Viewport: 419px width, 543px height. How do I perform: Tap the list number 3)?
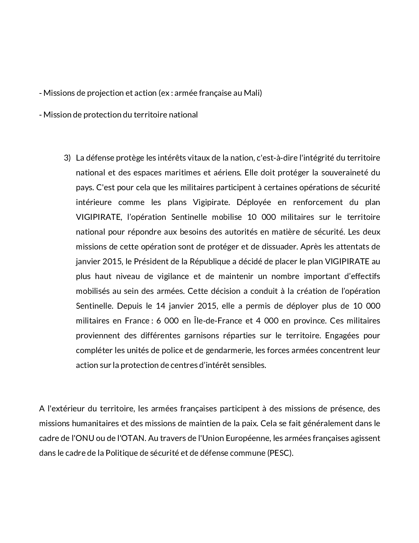(x=67, y=158)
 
